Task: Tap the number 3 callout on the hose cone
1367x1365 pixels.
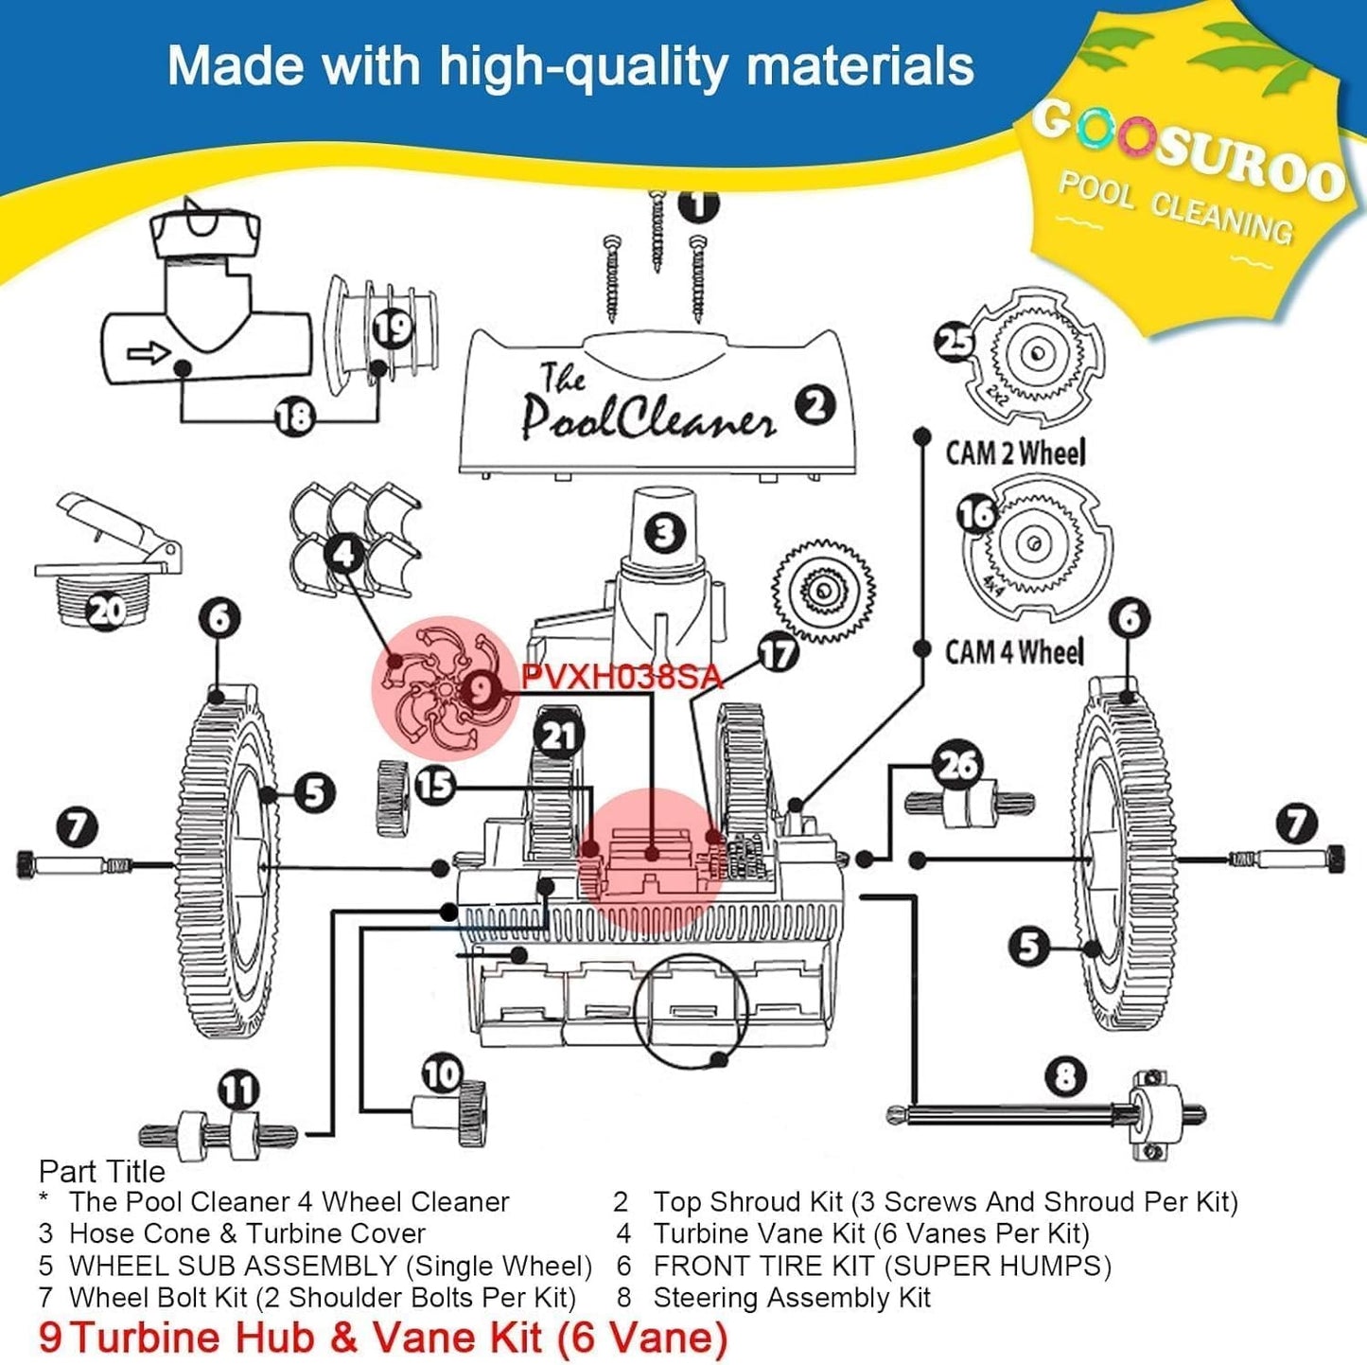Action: click(x=665, y=533)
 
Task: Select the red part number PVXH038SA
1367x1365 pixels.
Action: click(x=622, y=677)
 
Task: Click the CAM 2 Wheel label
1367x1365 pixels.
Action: click(x=1015, y=452)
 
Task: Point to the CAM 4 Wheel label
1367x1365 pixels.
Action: click(x=1015, y=651)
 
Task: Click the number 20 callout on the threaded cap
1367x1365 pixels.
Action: click(x=106, y=610)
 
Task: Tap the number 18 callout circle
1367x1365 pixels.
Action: click(x=294, y=416)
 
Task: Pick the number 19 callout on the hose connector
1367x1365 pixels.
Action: click(x=392, y=328)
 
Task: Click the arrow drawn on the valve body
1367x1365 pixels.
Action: click(x=149, y=353)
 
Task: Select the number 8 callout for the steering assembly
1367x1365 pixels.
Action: click(x=1066, y=1076)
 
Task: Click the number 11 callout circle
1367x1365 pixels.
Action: click(x=238, y=1090)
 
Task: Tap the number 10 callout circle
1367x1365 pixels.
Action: click(x=441, y=1074)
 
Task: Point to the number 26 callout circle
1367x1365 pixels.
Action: click(x=957, y=764)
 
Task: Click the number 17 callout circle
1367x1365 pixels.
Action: click(x=778, y=652)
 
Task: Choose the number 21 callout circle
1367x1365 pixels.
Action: click(x=558, y=736)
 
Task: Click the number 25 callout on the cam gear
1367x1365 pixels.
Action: click(x=955, y=341)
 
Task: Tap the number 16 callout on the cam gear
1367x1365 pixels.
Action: click(x=977, y=514)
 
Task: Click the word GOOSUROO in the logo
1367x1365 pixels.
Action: click(x=1187, y=151)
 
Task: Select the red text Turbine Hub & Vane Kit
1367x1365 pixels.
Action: click(x=397, y=1337)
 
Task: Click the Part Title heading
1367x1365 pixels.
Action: click(x=102, y=1172)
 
